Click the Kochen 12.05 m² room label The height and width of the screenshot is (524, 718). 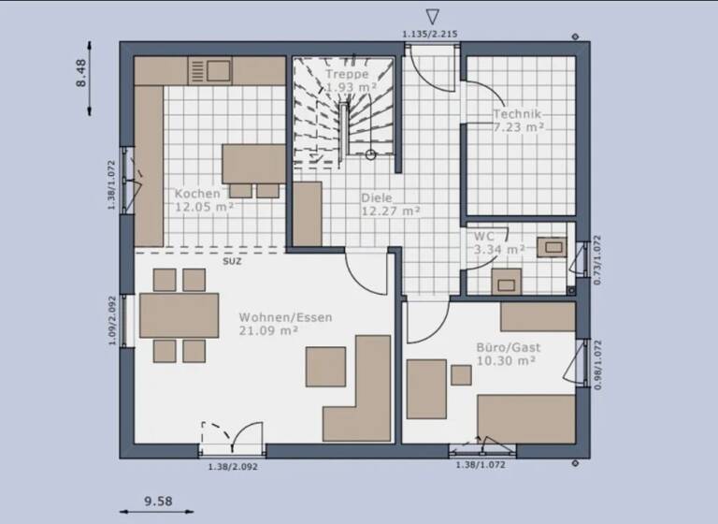(x=203, y=201)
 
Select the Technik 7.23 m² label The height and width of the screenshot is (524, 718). (x=518, y=120)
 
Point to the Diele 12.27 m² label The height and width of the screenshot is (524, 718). (x=390, y=204)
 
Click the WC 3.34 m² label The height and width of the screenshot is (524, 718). (x=498, y=243)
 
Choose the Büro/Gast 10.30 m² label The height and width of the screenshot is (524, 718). (x=508, y=353)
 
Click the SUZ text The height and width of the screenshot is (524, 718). (x=231, y=262)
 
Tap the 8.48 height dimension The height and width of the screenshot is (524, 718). (x=80, y=74)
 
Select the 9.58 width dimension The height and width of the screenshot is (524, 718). (x=157, y=502)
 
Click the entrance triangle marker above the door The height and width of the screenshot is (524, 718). (x=431, y=17)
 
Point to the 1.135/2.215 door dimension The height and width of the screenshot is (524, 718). (x=430, y=35)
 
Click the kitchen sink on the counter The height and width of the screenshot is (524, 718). (x=210, y=70)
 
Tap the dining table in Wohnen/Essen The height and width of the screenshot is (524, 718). (x=179, y=315)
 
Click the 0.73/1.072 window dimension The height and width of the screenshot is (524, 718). (x=598, y=259)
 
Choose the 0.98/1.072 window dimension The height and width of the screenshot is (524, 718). (x=598, y=364)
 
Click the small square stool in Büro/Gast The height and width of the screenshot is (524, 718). (x=461, y=375)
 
